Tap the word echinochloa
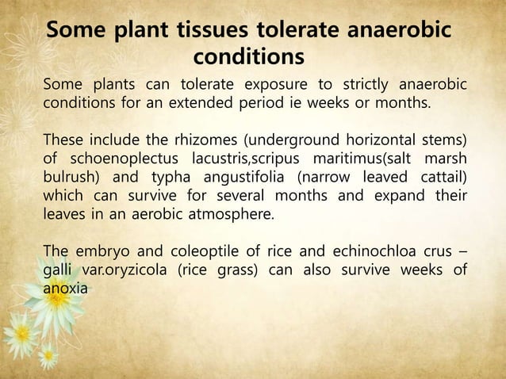[370, 254]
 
